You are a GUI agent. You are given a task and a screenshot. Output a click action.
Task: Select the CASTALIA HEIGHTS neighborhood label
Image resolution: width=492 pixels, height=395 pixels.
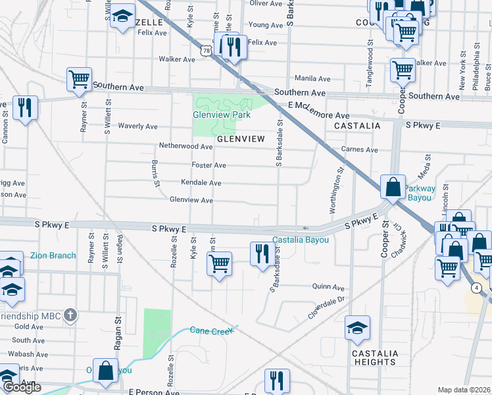(375, 357)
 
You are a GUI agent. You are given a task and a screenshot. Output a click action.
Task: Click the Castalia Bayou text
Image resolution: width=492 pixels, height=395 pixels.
(301, 240)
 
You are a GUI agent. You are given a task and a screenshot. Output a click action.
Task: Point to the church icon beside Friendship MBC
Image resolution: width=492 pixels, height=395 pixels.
(70, 316)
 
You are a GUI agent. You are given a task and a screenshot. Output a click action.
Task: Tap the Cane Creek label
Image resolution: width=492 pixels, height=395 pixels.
(212, 330)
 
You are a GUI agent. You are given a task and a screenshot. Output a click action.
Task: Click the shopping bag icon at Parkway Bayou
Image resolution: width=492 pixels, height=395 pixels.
(393, 186)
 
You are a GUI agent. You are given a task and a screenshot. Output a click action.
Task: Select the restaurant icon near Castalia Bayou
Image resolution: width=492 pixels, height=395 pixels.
(262, 253)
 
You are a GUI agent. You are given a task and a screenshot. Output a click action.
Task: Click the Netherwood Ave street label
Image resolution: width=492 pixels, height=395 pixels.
(185, 146)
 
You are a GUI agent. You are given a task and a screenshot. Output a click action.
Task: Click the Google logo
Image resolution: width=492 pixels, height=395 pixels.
(22, 387)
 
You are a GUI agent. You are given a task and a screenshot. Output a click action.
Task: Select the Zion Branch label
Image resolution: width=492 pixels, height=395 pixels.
(53, 255)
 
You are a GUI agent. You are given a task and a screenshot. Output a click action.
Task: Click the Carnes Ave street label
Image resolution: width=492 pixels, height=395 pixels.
(359, 149)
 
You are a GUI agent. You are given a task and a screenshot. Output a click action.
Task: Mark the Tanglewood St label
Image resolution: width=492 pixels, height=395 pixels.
(370, 59)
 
